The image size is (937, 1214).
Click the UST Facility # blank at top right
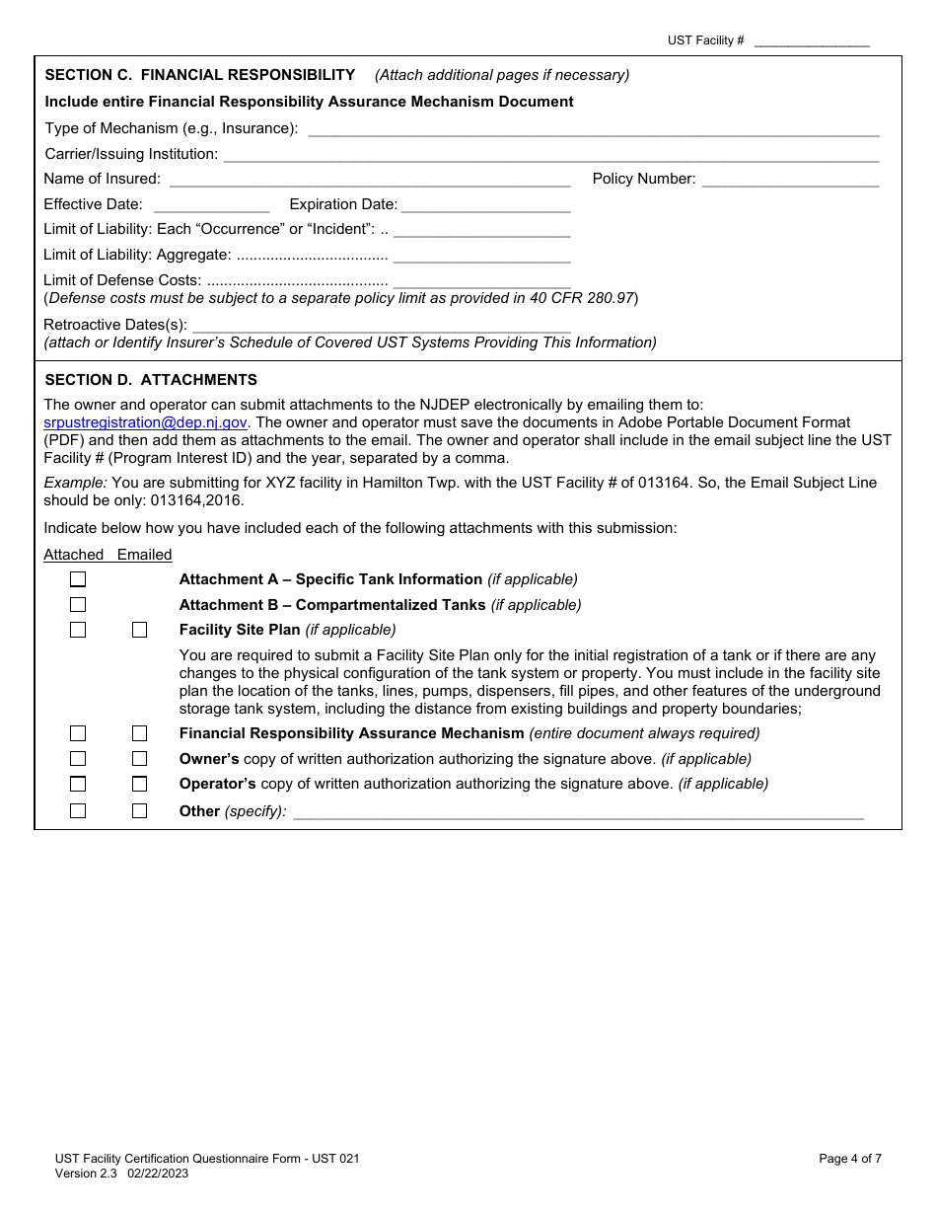[x=812, y=41]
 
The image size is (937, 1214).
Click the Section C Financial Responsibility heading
[x=200, y=75]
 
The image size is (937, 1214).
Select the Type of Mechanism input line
[x=594, y=128]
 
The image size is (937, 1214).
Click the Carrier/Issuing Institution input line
[x=550, y=154]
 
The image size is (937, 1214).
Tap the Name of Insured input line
[x=370, y=180]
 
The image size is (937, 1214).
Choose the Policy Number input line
[x=790, y=180]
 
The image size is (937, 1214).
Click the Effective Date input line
[x=211, y=205]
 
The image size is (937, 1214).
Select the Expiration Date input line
[x=485, y=205]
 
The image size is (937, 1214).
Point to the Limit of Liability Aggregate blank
[x=481, y=256]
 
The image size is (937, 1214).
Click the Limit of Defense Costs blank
[x=481, y=281]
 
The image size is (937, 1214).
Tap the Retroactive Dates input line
[x=381, y=325]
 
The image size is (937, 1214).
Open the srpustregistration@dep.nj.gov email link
[x=145, y=422]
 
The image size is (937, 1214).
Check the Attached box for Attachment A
[x=78, y=580]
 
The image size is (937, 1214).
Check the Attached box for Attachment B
[x=78, y=605]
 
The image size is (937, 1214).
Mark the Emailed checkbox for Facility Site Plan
[x=139, y=630]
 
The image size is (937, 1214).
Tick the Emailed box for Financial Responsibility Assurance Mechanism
[x=139, y=733]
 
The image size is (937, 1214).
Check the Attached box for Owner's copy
[x=78, y=759]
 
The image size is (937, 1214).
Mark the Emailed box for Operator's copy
[x=139, y=784]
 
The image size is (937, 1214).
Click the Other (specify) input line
[x=578, y=811]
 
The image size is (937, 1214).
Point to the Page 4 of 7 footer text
[x=850, y=1159]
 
